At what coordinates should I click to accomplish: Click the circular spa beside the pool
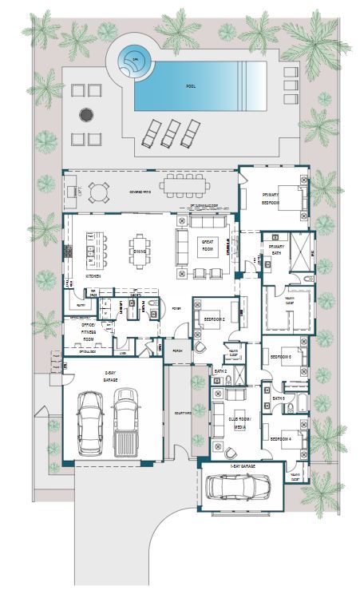point(135,59)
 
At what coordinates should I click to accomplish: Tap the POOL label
point(191,85)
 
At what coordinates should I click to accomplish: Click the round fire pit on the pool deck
point(85,113)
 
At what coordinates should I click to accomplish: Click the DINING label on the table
point(139,251)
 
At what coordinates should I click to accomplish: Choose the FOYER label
point(175,308)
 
